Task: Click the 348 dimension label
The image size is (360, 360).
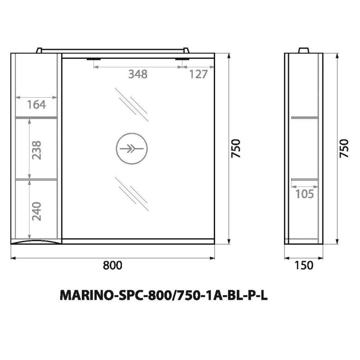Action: (138, 75)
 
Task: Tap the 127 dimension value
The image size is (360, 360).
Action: (198, 75)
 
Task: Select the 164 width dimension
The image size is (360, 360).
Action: (36, 105)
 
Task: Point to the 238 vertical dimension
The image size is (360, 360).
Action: (36, 148)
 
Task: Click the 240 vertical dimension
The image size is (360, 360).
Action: (36, 210)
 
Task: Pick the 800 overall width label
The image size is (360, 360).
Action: (112, 265)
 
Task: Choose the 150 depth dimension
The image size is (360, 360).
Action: (304, 265)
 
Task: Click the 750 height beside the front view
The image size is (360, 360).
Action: (237, 148)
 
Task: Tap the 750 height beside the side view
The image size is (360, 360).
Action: (344, 148)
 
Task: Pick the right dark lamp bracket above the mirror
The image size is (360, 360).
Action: (182, 58)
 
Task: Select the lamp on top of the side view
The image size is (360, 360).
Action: (304, 49)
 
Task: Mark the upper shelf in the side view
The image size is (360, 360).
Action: (304, 118)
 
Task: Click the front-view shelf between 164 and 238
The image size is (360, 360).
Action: (36, 117)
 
